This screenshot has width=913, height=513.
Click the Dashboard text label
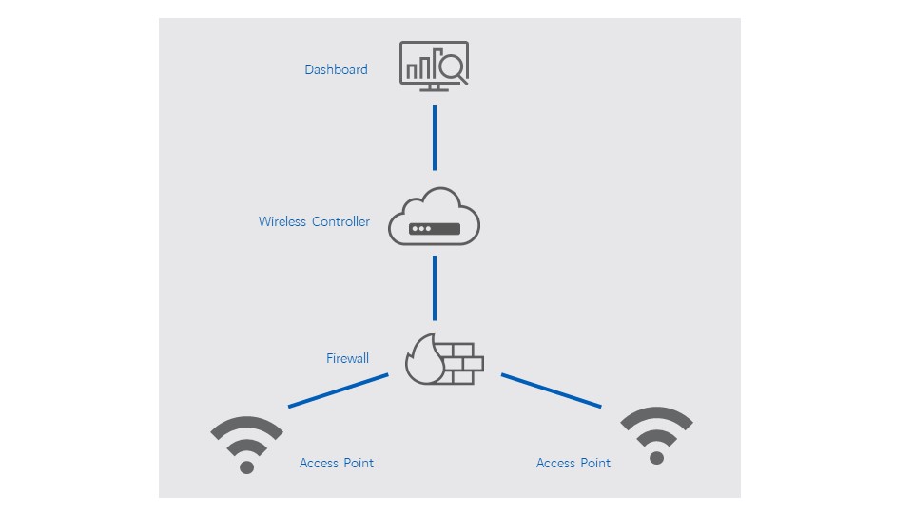click(x=336, y=69)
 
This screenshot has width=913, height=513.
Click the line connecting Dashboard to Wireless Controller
click(x=435, y=138)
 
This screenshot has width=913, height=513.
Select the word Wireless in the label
click(x=282, y=221)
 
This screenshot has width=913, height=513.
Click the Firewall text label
click(x=347, y=358)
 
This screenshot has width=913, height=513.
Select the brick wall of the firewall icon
click(x=462, y=363)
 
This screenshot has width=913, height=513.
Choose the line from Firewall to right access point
click(x=552, y=390)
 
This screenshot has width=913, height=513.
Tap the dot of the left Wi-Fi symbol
click(x=247, y=466)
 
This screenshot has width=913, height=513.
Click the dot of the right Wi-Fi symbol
click(x=656, y=458)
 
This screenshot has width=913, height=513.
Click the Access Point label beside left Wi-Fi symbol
click(x=337, y=463)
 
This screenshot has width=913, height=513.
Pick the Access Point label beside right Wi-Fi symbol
click(x=573, y=463)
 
